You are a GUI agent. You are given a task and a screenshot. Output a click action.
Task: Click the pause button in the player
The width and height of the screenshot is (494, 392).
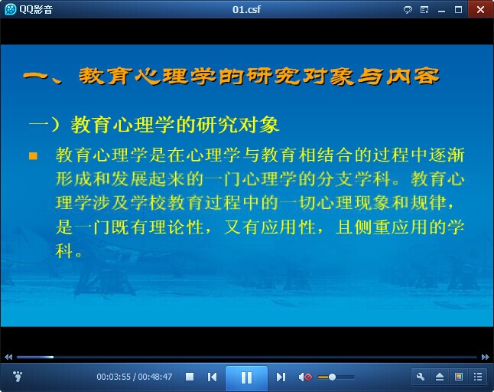click(x=246, y=377)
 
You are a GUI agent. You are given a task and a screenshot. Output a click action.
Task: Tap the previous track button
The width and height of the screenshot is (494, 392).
click(x=212, y=377)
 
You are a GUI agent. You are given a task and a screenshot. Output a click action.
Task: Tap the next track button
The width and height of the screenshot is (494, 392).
click(x=281, y=377)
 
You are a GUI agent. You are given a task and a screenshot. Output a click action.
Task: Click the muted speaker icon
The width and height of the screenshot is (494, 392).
click(x=305, y=377)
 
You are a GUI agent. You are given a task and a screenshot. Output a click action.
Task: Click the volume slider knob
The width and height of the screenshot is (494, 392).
click(x=332, y=377)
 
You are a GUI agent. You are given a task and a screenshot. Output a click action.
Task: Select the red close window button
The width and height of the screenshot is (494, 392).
click(x=480, y=9)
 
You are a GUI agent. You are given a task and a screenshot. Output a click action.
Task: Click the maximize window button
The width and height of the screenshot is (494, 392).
click(x=458, y=10)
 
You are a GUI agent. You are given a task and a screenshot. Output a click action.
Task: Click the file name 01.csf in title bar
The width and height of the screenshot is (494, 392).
click(x=246, y=9)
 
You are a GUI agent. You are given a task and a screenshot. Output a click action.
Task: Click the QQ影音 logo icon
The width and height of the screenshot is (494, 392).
click(x=11, y=9)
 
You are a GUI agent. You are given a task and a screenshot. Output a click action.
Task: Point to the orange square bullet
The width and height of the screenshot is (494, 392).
click(x=33, y=155)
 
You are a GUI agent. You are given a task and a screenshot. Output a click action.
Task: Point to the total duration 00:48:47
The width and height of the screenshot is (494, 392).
click(x=155, y=377)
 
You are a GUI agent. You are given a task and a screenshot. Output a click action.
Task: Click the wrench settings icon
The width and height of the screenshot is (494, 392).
click(x=421, y=377)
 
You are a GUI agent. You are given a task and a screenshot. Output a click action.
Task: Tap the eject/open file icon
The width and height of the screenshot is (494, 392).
click(x=440, y=377)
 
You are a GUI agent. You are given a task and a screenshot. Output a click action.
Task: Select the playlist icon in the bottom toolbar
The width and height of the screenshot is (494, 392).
click(x=478, y=377)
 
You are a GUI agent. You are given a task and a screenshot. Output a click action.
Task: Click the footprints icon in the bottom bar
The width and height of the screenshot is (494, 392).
click(x=18, y=376)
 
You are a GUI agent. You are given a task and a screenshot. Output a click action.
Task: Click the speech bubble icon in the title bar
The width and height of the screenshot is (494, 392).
click(x=408, y=10)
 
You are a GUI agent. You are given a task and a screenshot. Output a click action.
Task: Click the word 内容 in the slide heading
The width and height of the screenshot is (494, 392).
click(x=412, y=77)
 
